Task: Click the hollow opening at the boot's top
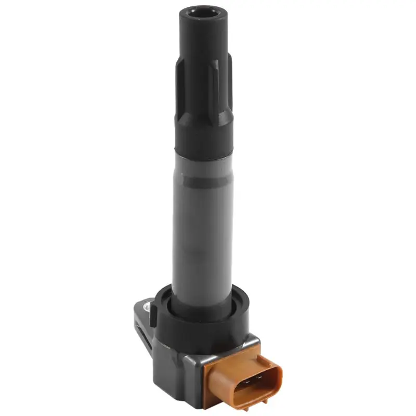203,14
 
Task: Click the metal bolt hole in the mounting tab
151,310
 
